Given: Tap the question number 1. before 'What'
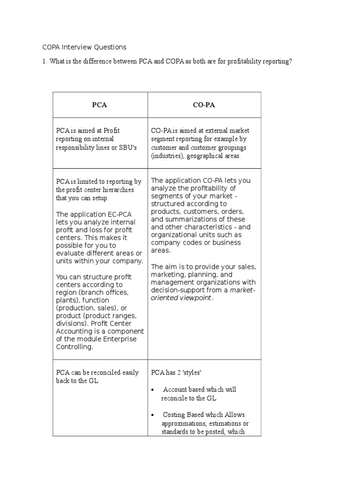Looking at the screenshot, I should (x=45, y=62).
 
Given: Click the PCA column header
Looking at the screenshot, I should (x=99, y=105).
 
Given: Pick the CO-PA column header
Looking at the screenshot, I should (x=204, y=105).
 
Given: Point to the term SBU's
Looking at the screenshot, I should (x=127, y=148).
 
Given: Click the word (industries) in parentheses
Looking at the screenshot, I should (x=167, y=156).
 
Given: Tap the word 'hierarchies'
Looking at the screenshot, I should (x=117, y=190).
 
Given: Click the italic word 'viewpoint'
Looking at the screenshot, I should (x=193, y=298).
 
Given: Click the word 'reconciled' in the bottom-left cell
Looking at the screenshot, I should (x=101, y=373).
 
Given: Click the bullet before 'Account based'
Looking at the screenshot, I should (x=154, y=390).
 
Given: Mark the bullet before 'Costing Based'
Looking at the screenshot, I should (x=154, y=415).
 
